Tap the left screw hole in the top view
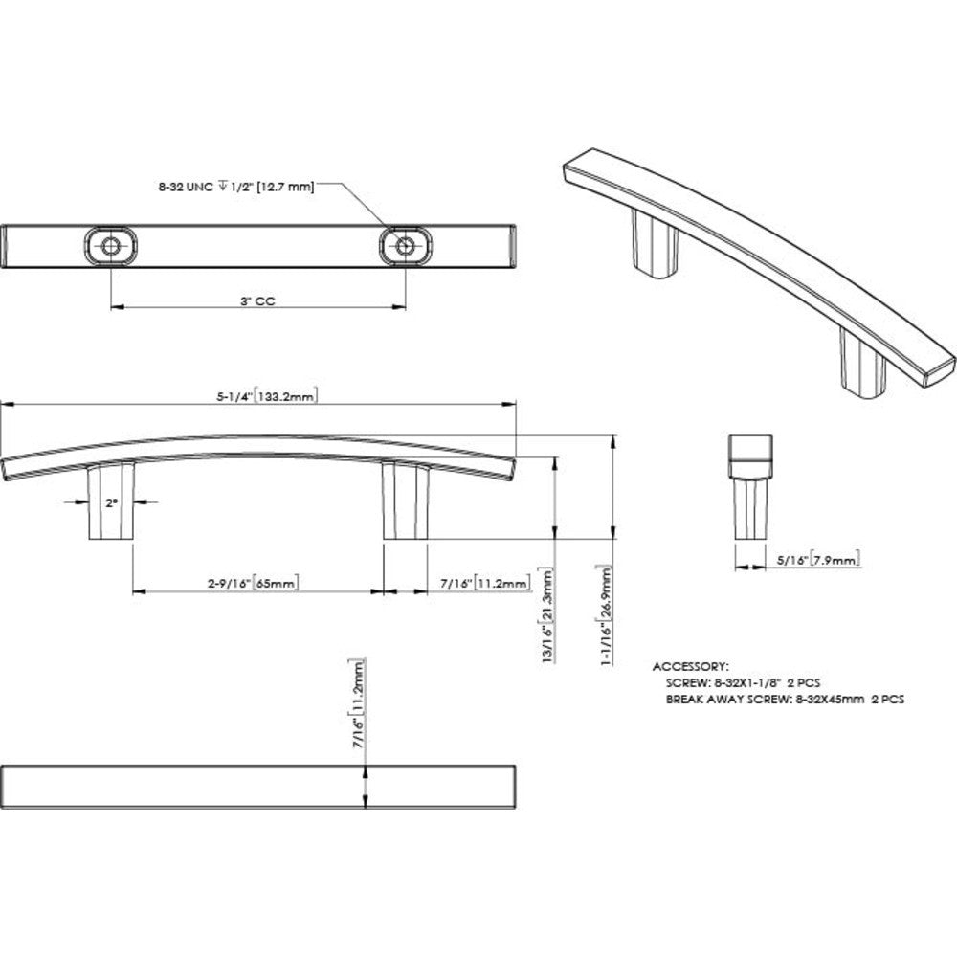coord(112,246)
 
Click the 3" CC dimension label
coord(258,300)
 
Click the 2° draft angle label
coord(112,501)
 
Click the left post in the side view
coord(108,503)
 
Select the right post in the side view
coord(401,502)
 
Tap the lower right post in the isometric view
coord(858,361)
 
